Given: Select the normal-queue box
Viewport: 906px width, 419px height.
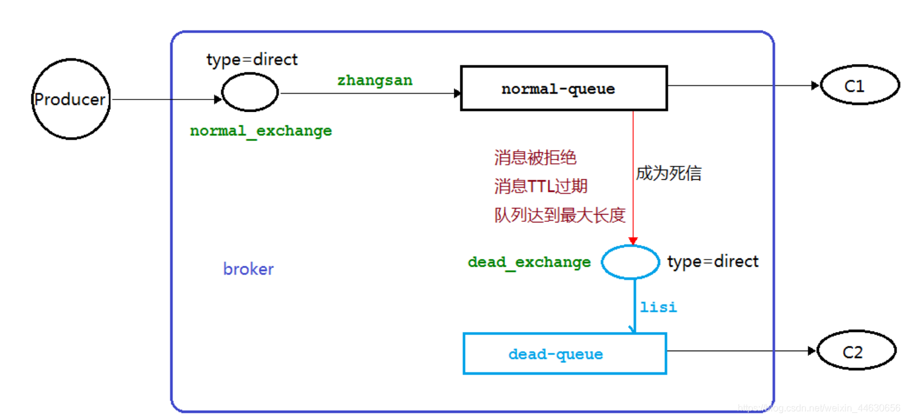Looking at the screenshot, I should pyautogui.click(x=563, y=89).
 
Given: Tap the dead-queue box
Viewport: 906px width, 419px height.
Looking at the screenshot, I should pyautogui.click(x=564, y=354).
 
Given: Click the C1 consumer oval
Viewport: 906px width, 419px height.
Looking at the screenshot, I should pyautogui.click(x=859, y=86).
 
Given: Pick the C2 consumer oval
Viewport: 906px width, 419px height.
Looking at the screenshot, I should pyautogui.click(x=856, y=351).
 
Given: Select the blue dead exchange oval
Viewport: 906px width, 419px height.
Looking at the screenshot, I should pyautogui.click(x=630, y=262).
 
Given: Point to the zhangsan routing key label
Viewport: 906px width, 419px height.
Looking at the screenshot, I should pyautogui.click(x=375, y=80).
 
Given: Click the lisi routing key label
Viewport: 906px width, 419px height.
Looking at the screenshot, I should pyautogui.click(x=658, y=308).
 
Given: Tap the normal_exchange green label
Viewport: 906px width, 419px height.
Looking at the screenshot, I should pyautogui.click(x=261, y=131).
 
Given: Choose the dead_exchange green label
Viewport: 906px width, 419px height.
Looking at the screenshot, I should pyautogui.click(x=529, y=263).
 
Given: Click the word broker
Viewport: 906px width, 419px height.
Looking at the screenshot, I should pyautogui.click(x=248, y=269).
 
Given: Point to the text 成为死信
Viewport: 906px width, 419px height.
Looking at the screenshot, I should pyautogui.click(x=668, y=174).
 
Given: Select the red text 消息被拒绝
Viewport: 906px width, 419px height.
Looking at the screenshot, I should pyautogui.click(x=535, y=158).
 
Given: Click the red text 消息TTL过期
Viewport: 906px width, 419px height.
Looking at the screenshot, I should pyautogui.click(x=540, y=186).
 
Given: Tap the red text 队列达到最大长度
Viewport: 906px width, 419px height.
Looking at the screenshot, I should pyautogui.click(x=560, y=215).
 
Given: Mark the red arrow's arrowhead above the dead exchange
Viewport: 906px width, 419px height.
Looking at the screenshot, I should pyautogui.click(x=633, y=241).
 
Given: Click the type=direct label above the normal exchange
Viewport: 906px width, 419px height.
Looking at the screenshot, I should pyautogui.click(x=252, y=60).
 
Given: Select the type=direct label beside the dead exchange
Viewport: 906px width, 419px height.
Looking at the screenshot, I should pyautogui.click(x=712, y=262).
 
